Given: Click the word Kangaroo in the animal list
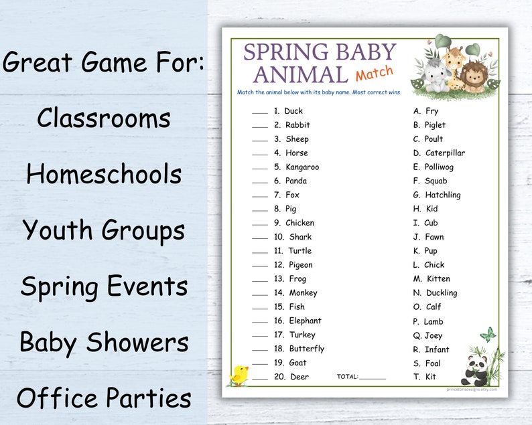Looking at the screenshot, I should [302, 167].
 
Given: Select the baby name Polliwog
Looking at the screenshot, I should [438, 167].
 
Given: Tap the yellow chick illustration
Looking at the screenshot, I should [239, 375].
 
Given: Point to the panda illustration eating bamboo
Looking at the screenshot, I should [478, 369].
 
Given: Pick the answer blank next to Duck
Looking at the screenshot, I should [260, 112].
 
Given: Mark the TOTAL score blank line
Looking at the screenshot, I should [373, 378].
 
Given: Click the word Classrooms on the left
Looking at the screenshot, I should [104, 118].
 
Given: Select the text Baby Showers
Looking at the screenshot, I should [104, 343].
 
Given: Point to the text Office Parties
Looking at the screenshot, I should [104, 398].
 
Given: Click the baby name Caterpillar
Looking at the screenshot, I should [444, 153].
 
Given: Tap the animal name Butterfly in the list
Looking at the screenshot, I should [306, 349].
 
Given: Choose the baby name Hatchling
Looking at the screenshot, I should [442, 195].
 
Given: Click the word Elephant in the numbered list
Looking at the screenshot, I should [305, 321].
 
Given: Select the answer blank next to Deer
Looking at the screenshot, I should [260, 378].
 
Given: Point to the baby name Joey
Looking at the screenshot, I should [433, 335].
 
